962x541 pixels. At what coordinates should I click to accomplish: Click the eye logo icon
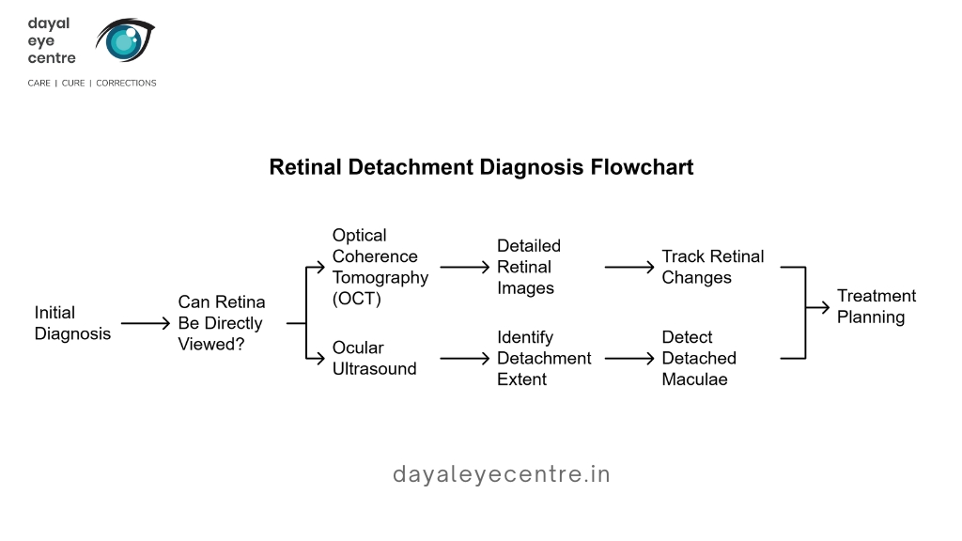[125, 39]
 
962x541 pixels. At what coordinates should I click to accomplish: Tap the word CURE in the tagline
[73, 83]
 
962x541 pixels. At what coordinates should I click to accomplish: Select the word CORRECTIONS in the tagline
[126, 83]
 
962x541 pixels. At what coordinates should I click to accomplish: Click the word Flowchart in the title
[642, 167]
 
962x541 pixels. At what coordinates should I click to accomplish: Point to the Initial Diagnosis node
[72, 323]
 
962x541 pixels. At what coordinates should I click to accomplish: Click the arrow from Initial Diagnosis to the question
[146, 323]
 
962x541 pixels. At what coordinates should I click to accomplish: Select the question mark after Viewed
[239, 344]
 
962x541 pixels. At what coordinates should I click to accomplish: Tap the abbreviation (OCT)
[356, 299]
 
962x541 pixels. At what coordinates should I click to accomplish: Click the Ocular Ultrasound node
[374, 358]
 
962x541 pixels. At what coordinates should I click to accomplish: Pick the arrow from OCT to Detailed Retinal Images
[465, 268]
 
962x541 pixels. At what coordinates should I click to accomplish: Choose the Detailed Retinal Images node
[529, 268]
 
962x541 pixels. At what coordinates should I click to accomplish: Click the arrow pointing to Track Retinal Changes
[629, 268]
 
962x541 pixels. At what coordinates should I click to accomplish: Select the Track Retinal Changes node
[713, 267]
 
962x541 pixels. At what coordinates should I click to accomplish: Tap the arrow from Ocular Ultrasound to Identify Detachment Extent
[465, 358]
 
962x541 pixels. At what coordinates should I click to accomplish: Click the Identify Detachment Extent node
[544, 358]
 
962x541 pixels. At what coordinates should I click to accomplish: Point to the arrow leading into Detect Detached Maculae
[629, 358]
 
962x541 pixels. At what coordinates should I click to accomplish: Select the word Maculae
[694, 379]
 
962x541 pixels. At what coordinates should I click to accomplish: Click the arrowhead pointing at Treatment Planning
[825, 307]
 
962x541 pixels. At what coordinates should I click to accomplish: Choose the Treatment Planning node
[877, 307]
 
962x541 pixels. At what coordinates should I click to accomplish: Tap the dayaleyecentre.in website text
[502, 474]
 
